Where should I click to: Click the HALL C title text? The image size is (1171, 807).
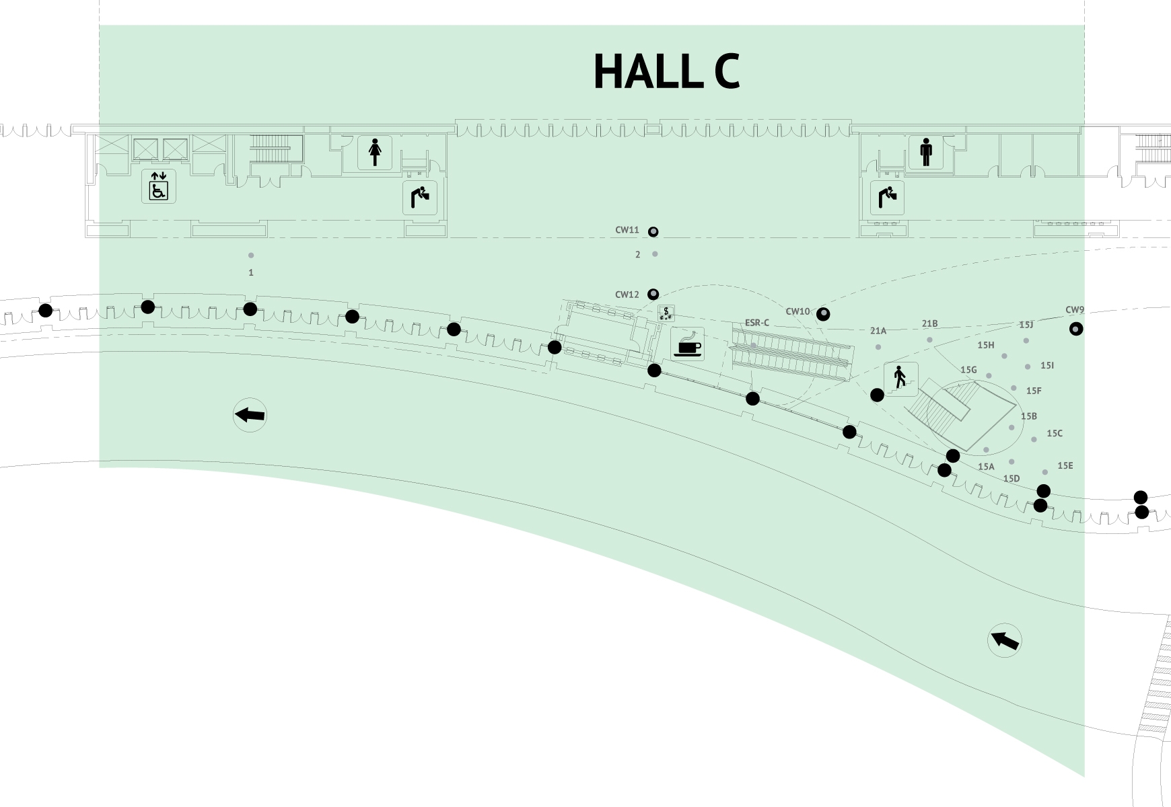coord(666,71)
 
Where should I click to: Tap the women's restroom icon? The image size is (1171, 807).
coord(375,153)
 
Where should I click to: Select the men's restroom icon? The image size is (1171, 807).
coord(926,153)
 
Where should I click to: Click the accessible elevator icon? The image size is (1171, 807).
coord(159,186)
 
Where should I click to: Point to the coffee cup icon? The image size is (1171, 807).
coord(687,344)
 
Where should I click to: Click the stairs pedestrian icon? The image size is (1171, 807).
coord(900,379)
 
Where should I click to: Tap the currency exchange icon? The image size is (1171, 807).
coord(666,313)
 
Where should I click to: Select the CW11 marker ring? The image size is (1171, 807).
coord(653,232)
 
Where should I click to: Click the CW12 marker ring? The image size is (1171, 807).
coord(653,295)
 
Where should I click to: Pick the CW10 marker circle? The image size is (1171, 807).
coord(822,314)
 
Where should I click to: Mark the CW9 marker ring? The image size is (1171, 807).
coord(1076,329)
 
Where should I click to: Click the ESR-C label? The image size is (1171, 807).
coord(756,323)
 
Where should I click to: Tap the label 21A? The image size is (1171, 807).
coord(878,331)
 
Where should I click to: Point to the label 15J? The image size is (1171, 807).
coord(1026,325)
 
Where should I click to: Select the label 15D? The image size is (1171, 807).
coord(1011,479)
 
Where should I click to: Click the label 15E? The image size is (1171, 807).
coord(1065,466)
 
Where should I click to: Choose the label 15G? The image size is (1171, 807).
coord(968,370)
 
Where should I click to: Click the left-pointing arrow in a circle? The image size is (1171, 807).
coord(250,415)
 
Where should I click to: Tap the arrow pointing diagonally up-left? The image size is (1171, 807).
coord(1004,640)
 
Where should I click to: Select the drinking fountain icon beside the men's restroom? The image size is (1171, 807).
coord(887,198)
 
